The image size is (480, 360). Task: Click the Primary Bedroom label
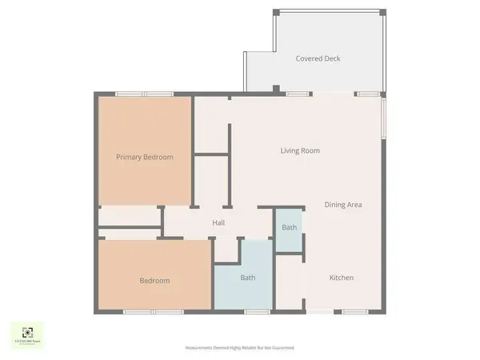(144, 157)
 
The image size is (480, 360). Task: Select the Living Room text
(300, 150)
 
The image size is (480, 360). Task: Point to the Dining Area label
(343, 205)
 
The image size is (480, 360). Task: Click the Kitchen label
(342, 278)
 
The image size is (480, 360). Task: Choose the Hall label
(218, 223)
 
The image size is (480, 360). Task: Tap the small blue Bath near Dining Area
(289, 228)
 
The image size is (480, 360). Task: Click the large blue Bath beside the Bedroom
(248, 278)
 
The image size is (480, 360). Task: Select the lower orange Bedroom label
(154, 281)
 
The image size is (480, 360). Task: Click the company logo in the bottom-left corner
(28, 334)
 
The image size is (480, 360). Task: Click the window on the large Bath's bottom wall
(256, 310)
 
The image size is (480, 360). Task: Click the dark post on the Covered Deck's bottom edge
(275, 88)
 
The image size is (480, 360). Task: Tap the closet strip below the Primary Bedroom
(130, 216)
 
